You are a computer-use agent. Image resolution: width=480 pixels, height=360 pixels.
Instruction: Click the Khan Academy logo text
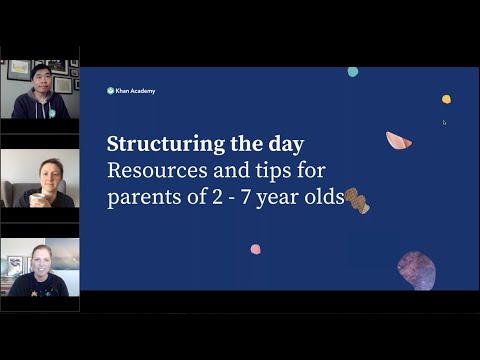pos(135,91)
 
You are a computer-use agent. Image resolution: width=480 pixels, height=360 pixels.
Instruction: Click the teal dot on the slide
pos(353,72)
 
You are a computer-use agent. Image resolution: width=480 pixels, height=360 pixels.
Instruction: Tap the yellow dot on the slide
pos(446,99)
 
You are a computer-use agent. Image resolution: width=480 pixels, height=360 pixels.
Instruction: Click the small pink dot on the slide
pos(255,249)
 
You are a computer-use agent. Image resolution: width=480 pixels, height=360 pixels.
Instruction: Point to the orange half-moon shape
pos(399,141)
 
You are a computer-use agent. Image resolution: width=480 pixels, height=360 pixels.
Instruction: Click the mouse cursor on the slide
pos(444,122)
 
